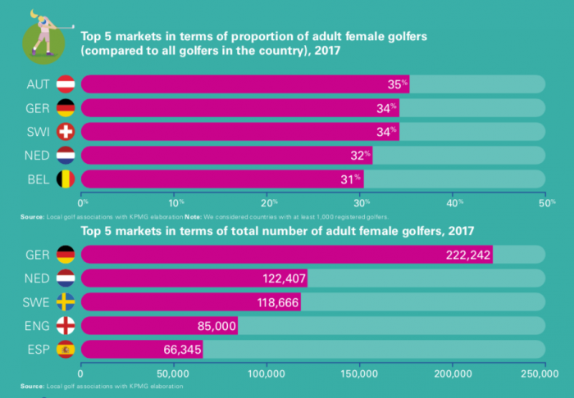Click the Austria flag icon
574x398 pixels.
[66, 84]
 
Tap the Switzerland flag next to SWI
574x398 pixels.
[66, 131]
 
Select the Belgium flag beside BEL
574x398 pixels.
[66, 179]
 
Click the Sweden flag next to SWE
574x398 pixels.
[66, 301]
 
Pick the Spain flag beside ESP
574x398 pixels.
[66, 349]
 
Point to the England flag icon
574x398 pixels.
[66, 325]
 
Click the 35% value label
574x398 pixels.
[398, 84]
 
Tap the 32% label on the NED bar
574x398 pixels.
[361, 155]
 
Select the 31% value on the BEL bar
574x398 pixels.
[353, 179]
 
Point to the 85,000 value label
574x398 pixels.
[217, 326]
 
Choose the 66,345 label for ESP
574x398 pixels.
[182, 350]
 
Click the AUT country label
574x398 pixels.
[39, 84]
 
